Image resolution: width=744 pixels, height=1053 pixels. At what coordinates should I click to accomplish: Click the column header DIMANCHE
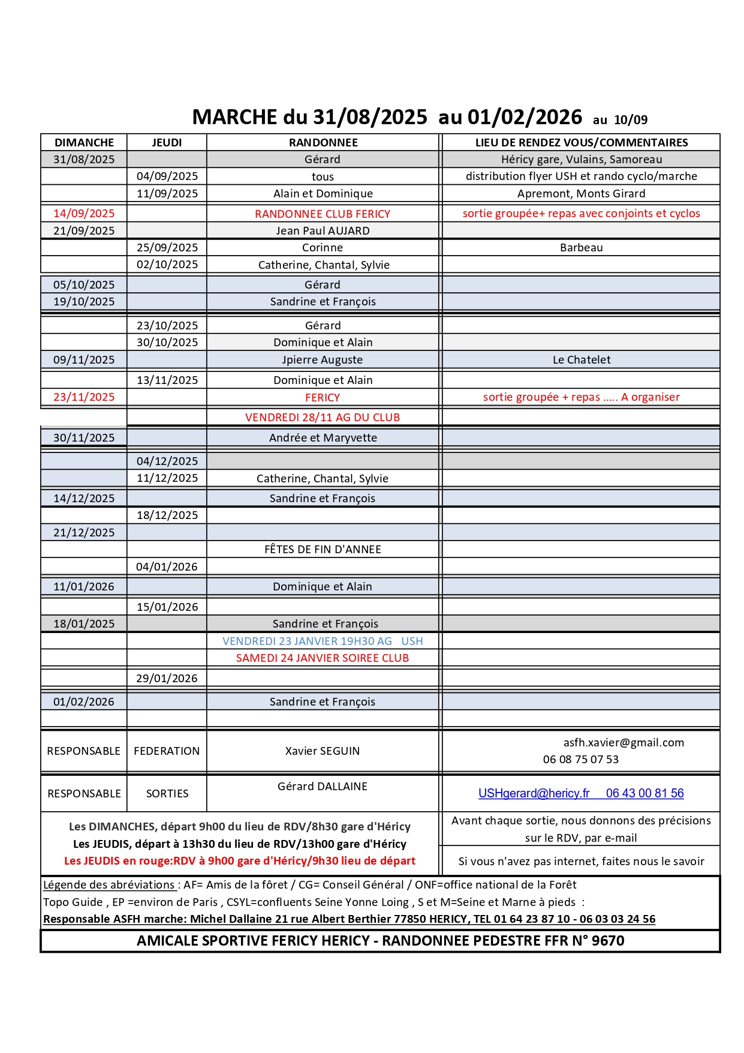[84, 142]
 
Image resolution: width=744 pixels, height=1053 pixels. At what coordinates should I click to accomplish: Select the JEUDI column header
[167, 142]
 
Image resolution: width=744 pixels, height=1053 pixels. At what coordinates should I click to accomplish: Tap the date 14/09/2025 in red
[84, 214]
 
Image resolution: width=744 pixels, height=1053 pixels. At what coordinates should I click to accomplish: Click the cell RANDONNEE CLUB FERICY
[323, 214]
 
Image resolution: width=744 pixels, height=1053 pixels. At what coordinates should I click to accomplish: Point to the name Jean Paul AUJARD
[323, 231]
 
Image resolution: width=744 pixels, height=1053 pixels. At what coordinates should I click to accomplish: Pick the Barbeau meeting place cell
[581, 248]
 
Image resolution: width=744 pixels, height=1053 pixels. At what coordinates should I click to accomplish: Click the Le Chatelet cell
[581, 360]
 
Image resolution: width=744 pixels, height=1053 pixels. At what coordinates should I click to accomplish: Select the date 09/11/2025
[84, 360]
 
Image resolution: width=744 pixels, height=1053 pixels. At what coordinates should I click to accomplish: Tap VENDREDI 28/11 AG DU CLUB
[323, 418]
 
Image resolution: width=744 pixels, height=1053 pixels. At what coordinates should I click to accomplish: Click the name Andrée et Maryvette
[323, 438]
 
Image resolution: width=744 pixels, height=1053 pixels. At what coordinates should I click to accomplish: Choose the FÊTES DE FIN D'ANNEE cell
[323, 550]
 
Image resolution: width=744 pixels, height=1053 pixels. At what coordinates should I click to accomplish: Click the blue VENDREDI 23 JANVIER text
[323, 641]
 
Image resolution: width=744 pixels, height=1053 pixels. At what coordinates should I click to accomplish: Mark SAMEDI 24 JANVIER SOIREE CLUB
[323, 658]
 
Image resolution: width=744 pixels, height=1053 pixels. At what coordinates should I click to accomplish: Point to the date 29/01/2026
[167, 679]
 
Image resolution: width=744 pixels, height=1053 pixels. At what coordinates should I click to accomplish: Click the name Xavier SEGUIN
[323, 751]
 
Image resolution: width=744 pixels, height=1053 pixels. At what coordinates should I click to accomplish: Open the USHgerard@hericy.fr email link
[534, 793]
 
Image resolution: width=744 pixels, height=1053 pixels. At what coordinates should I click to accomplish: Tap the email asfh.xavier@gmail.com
[623, 743]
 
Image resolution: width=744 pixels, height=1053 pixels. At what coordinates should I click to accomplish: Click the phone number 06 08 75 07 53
[580, 760]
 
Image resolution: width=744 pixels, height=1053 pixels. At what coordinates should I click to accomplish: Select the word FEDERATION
[167, 751]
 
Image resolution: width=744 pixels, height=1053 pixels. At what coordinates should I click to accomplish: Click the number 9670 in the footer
[608, 941]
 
